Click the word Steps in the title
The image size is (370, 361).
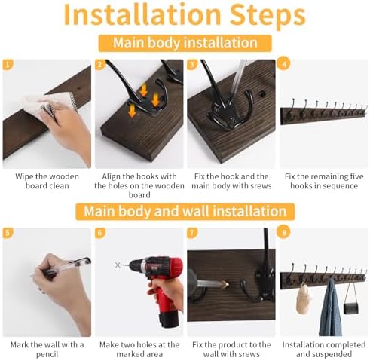(268, 15)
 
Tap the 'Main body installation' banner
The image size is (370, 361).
(185, 43)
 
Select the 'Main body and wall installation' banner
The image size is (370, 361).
(185, 211)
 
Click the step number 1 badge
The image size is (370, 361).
(8, 65)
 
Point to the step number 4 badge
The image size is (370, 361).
(284, 64)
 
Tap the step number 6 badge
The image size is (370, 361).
(100, 233)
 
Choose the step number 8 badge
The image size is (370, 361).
(284, 232)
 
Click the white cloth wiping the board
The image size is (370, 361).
(50, 102)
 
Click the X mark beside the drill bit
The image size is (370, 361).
(118, 265)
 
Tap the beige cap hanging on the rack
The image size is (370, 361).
(303, 299)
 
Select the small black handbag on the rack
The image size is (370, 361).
(351, 308)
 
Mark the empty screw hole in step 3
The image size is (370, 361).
(262, 94)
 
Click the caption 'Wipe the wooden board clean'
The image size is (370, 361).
(47, 181)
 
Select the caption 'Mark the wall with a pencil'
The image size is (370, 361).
(47, 350)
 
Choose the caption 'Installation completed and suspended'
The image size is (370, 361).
(324, 350)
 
